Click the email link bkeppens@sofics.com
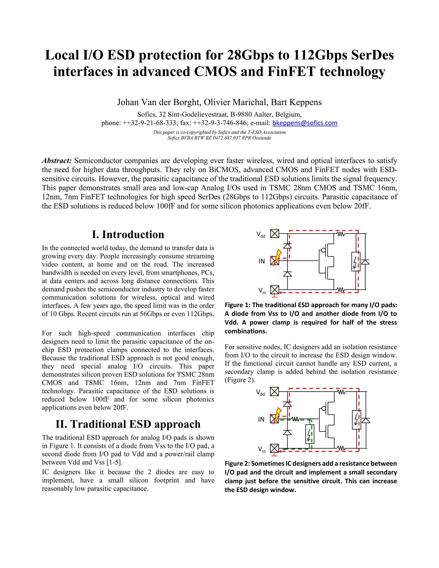305,123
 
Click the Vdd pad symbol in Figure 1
274,234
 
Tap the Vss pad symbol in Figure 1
274,289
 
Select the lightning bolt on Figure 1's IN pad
278,257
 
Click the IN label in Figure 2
261,419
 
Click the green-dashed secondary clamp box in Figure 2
310,434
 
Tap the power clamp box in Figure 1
356,261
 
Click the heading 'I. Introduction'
128,234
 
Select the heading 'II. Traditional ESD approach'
128,424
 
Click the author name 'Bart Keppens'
296,102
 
